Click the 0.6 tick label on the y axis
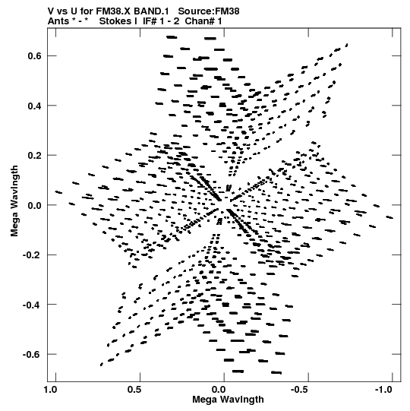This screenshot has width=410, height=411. click(35, 55)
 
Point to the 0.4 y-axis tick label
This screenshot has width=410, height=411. click(35, 106)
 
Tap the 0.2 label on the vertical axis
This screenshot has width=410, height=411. click(35, 155)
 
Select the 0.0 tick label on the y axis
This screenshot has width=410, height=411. click(35, 205)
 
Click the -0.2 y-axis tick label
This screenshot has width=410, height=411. click(33, 255)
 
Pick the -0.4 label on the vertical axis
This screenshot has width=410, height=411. click(33, 305)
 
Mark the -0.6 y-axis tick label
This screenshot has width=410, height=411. click(33, 354)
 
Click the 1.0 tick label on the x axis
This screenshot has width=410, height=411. click(50, 390)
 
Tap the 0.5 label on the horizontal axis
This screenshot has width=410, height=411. click(134, 390)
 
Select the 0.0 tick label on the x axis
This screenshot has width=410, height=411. click(219, 390)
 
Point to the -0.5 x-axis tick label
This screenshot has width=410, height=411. click(301, 390)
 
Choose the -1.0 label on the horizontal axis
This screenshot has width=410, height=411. click(385, 390)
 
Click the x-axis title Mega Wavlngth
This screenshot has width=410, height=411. click(228, 400)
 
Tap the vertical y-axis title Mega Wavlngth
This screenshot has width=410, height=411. click(14, 201)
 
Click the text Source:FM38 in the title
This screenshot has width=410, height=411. click(209, 11)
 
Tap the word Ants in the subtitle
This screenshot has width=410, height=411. click(58, 21)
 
